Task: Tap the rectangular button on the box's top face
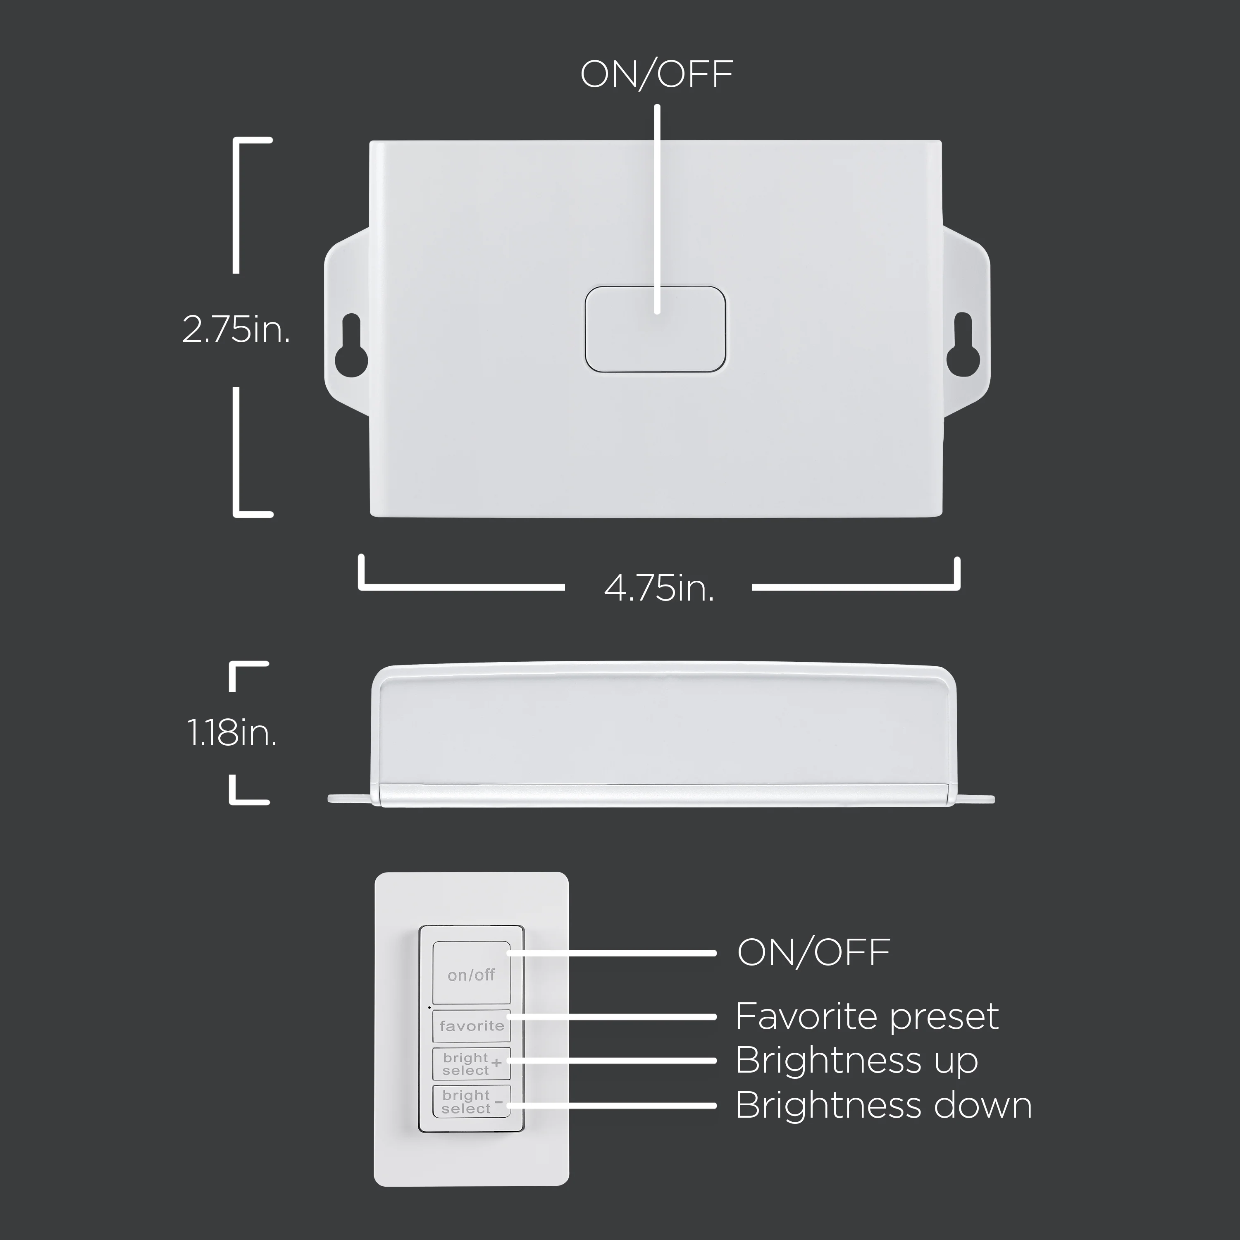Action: click(655, 329)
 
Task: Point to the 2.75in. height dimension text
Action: click(236, 330)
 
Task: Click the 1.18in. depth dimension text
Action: click(232, 732)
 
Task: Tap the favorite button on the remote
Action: click(472, 1025)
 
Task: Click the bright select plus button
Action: click(472, 1064)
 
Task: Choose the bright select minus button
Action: click(472, 1102)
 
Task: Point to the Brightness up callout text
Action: click(857, 1060)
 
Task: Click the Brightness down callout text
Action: click(883, 1105)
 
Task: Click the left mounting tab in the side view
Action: click(350, 799)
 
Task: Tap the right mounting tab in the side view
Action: click(972, 799)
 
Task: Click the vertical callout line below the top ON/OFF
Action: click(657, 209)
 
